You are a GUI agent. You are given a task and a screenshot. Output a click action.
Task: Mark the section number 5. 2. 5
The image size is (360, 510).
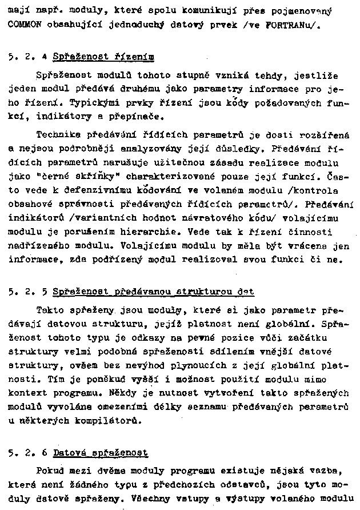click(x=27, y=292)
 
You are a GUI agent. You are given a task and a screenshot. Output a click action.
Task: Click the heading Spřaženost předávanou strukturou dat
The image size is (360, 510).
click(x=153, y=292)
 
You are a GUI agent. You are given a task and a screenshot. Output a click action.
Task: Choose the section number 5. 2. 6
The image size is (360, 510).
click(x=27, y=453)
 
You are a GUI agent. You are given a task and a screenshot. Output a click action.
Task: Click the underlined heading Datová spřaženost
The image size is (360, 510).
click(x=101, y=453)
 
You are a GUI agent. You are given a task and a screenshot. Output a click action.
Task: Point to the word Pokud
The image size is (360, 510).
click(x=50, y=471)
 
